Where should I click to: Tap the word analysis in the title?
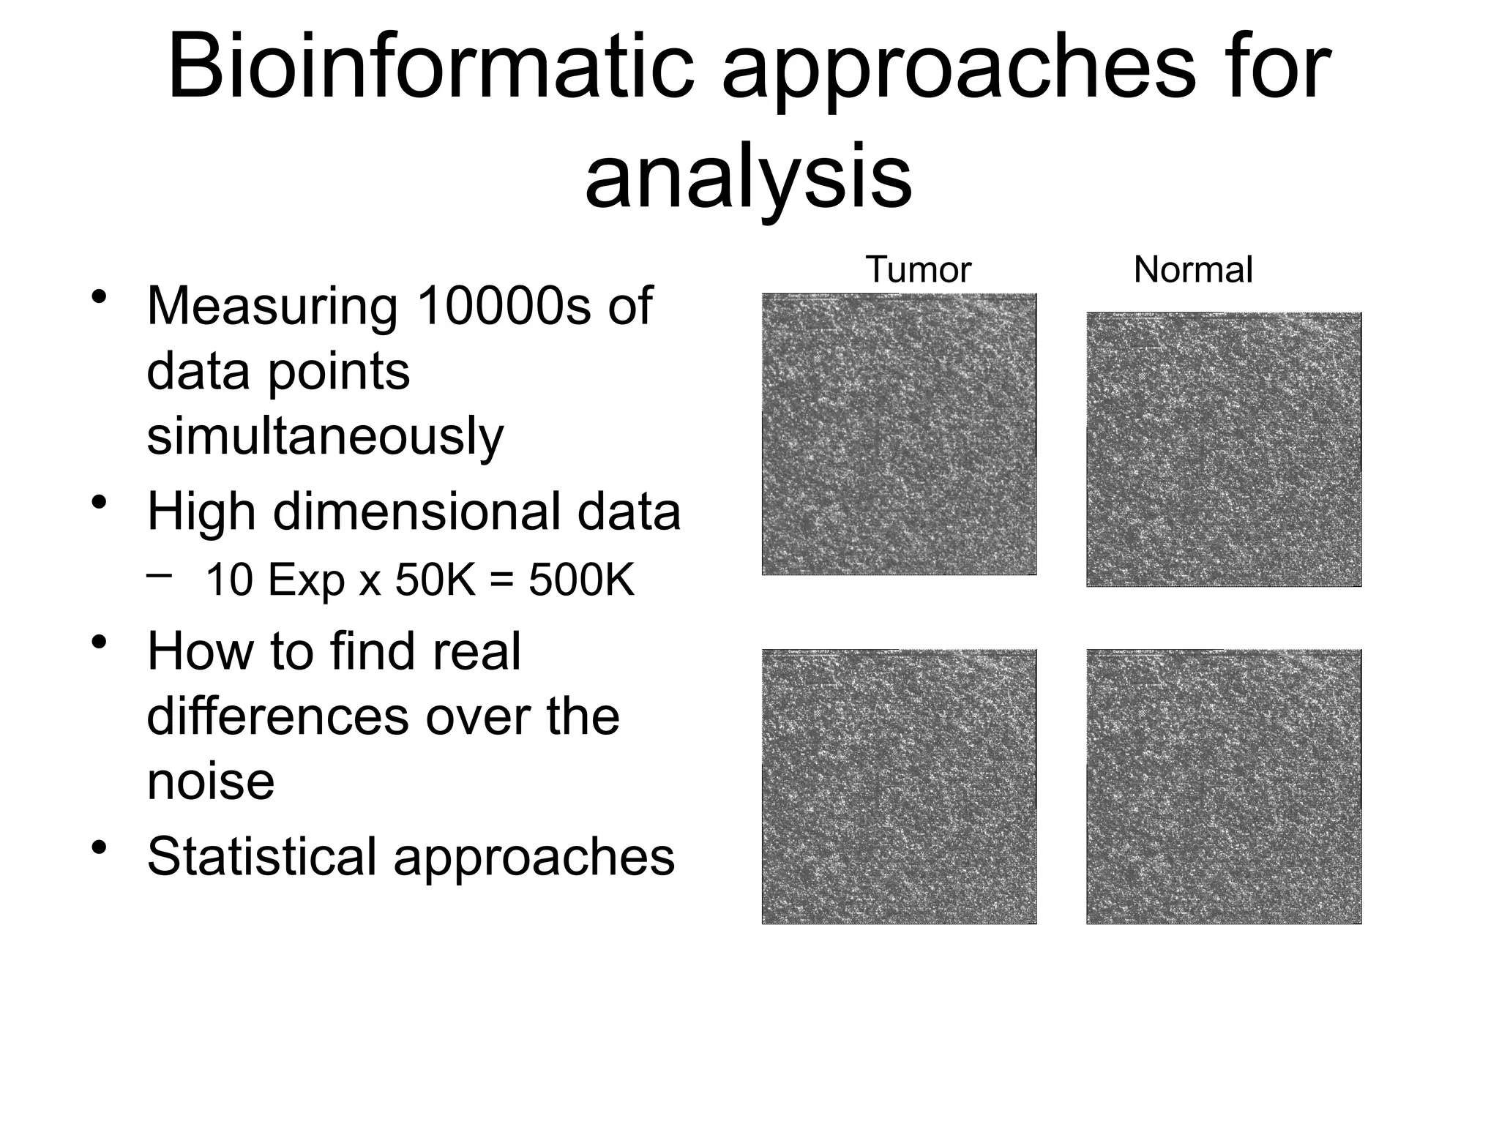click(748, 178)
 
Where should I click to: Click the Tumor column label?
click(918, 270)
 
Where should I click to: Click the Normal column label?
click(1193, 270)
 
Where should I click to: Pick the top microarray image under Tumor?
click(899, 434)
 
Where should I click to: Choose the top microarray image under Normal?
click(1224, 449)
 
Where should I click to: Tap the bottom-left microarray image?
click(899, 787)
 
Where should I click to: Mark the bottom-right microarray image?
click(1224, 787)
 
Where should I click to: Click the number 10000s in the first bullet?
click(503, 305)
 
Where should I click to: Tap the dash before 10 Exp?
click(159, 575)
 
